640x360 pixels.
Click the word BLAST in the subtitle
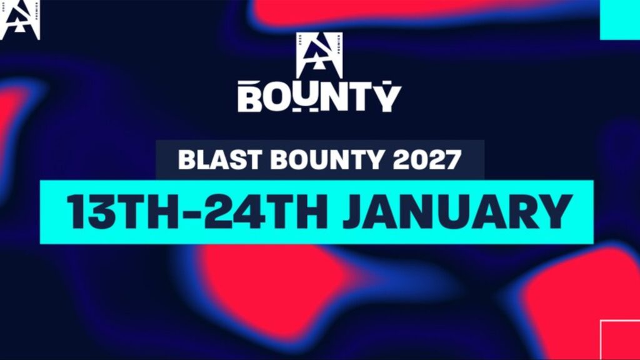(x=211, y=160)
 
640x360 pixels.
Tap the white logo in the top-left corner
(x=20, y=20)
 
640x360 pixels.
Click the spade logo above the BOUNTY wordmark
(x=319, y=55)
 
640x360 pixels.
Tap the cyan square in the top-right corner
(x=619, y=19)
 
